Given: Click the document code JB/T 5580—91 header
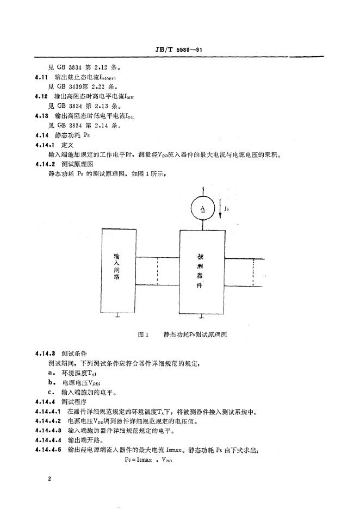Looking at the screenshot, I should tap(179, 49).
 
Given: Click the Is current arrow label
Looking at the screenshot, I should tap(228, 207).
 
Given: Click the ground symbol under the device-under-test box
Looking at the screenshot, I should tap(202, 316).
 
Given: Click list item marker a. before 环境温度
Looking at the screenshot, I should tap(52, 373).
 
